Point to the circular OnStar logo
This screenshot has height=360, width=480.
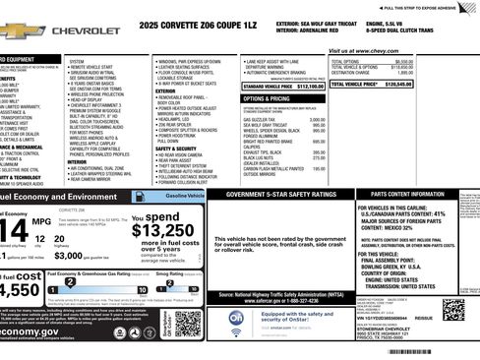point(237,319)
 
